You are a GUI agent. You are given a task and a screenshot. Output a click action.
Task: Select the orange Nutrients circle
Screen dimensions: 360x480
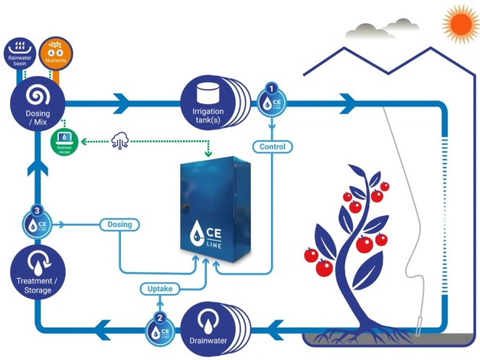(x=54, y=51)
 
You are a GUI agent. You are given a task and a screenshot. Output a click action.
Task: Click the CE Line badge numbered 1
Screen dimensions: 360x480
(x=270, y=100)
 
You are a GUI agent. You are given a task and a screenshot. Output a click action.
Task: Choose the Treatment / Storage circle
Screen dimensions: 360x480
(x=35, y=278)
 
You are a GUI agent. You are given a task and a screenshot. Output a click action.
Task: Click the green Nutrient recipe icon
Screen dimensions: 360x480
(x=64, y=140)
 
